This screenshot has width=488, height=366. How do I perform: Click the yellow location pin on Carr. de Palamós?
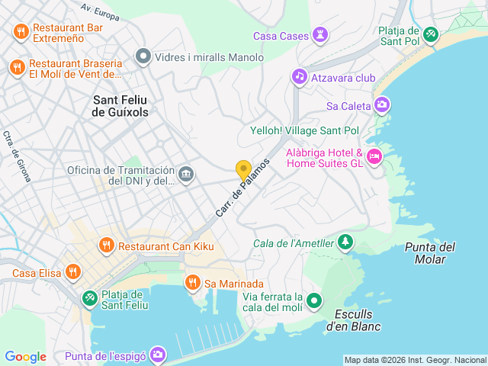click(243, 171)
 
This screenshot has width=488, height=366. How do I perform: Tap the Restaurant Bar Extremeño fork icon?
click(21, 32)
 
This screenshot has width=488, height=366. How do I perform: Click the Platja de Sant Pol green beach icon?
click(432, 35)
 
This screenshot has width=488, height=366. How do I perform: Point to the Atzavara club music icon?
click(299, 77)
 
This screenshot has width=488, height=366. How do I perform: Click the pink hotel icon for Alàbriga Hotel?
click(374, 158)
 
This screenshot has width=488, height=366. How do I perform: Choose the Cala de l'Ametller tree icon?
click(346, 242)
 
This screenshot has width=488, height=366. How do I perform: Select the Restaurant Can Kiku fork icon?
click(106, 246)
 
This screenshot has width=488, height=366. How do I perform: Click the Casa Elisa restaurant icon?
click(73, 271)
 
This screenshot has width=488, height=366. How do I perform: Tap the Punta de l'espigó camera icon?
click(158, 355)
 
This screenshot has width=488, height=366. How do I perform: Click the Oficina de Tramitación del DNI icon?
click(185, 175)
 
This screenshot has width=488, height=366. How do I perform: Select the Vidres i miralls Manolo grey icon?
click(143, 57)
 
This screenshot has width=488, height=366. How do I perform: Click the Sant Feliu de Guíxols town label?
click(120, 106)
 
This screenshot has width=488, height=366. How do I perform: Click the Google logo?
click(25, 357)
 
